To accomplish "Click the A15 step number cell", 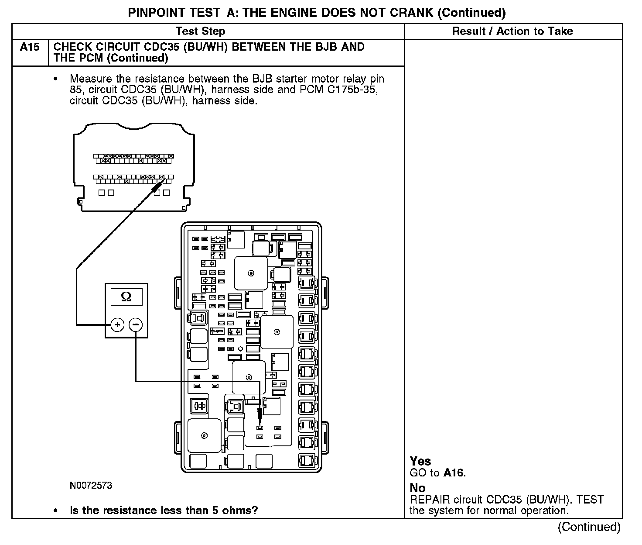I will [30, 47].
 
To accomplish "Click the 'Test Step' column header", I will [200, 31].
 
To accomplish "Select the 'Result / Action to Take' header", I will [512, 31].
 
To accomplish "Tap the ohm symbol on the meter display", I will [126, 297].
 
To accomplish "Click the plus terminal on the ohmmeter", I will [117, 325].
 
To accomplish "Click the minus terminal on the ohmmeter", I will [136, 325].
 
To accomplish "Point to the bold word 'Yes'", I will [420, 461].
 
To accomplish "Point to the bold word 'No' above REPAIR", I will [417, 488].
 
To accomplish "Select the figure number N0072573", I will [91, 486].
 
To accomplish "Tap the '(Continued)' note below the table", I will [589, 527].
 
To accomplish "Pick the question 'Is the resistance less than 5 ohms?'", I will [164, 510].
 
